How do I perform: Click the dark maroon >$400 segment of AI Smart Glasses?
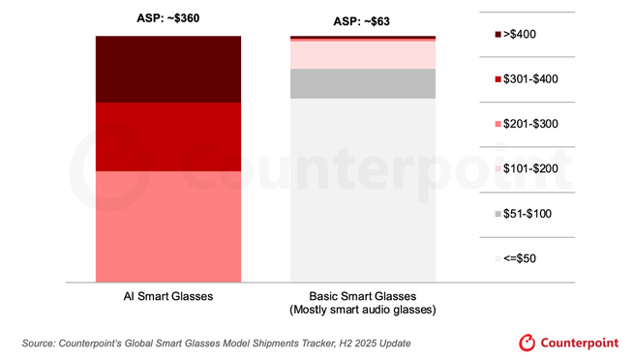coord(167,69)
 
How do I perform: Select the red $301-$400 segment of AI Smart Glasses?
coord(167,136)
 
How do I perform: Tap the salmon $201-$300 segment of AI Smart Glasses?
coord(167,225)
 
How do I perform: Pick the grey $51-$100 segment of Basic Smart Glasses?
coord(363,84)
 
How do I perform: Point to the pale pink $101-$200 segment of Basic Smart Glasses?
coord(363,54)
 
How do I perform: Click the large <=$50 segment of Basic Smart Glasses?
coord(363,190)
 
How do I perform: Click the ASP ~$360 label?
coord(168,17)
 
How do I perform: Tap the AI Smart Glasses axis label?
coord(167,296)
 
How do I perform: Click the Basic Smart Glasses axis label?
coord(363,296)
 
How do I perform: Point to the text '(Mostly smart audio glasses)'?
coord(363,310)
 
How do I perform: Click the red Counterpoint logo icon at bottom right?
coord(527,343)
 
